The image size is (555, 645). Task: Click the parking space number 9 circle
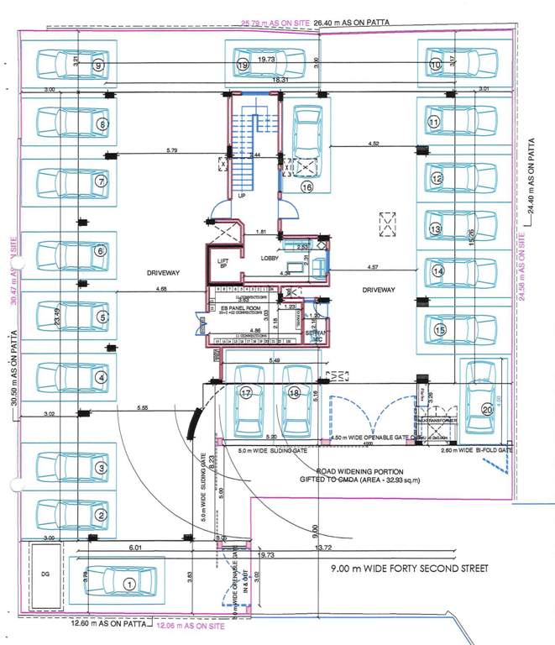pos(99,65)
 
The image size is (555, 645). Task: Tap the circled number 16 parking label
pos(306,188)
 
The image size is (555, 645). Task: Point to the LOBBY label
pos(269,258)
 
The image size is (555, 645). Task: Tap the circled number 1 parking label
pos(129,582)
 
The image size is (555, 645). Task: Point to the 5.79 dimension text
pos(172,151)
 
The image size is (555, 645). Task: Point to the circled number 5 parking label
pos(102,317)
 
